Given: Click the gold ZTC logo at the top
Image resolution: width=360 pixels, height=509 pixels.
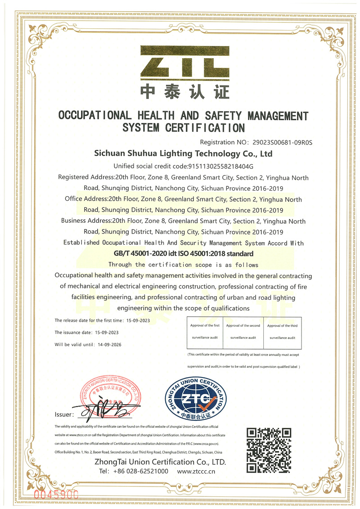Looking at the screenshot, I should pyautogui.click(x=184, y=62).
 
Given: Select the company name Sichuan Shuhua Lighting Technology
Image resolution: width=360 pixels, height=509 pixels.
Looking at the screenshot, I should pyautogui.click(x=183, y=154).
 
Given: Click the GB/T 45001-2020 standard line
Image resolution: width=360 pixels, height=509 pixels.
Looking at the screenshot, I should pyautogui.click(x=184, y=254).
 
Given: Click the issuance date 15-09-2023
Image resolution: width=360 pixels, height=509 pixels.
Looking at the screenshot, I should pyautogui.click(x=105, y=332).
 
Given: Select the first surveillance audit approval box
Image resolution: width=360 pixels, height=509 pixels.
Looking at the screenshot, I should pyautogui.click(x=205, y=332).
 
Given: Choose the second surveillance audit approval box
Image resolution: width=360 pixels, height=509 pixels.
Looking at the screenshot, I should pyautogui.click(x=243, y=332).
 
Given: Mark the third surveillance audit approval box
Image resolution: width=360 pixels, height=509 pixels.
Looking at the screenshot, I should pyautogui.click(x=282, y=332).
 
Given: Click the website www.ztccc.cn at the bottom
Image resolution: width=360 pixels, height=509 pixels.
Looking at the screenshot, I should pyautogui.click(x=196, y=471).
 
